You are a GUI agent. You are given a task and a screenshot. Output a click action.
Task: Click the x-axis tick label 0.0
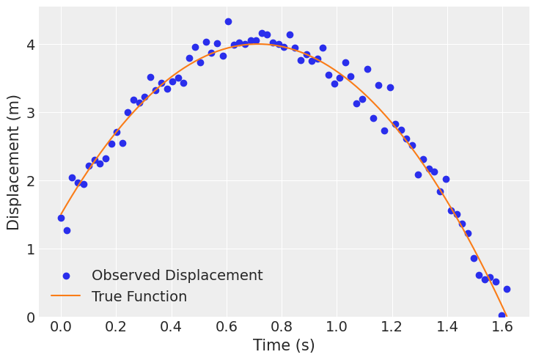point(61,326)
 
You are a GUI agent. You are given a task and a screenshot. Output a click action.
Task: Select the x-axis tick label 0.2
point(116,326)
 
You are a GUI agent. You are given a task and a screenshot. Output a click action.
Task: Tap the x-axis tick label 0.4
point(171,326)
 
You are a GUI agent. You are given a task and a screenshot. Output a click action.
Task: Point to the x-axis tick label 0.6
point(226,326)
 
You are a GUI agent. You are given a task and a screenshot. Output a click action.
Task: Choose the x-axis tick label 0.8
point(281,326)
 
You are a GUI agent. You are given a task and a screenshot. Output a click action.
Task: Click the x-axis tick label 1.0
point(336,326)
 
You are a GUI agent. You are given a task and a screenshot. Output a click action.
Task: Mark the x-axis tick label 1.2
point(391,326)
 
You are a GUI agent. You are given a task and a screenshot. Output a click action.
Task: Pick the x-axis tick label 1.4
point(446,326)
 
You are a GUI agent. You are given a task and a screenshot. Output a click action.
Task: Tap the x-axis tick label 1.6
point(501,326)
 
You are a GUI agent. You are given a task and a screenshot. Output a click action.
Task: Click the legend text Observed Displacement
point(177,276)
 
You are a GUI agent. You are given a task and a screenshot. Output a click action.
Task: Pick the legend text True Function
point(139,297)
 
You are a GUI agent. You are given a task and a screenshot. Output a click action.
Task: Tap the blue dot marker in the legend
point(66,276)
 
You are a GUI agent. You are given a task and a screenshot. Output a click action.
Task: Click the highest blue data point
point(228,22)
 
